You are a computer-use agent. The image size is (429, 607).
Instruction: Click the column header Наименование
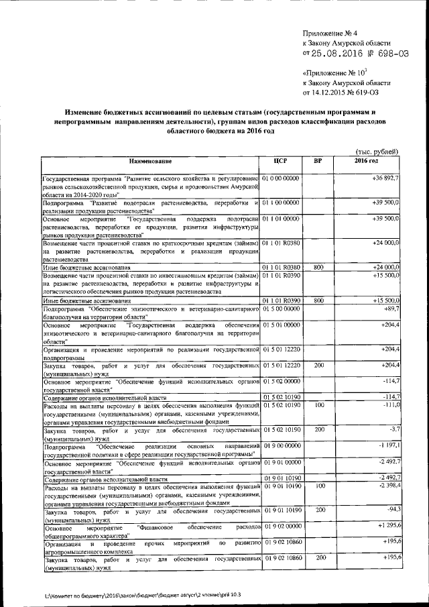pos(151,162)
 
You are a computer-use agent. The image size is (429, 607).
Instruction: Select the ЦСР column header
pos(281,162)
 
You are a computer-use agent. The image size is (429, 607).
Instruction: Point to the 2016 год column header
pos(367,162)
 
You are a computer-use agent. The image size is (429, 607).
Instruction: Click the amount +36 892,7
pos(385,178)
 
